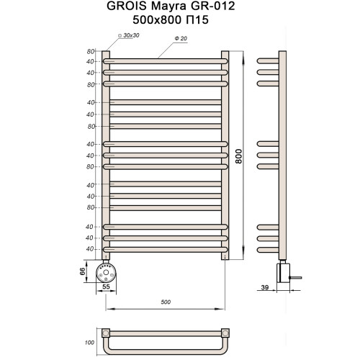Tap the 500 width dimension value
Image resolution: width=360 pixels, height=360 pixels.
click(166, 302)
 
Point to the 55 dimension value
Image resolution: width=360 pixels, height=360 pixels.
click(107, 287)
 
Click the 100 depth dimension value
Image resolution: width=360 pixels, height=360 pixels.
click(89, 343)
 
